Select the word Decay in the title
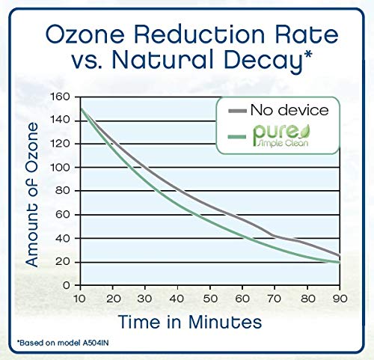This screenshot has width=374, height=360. (268, 61)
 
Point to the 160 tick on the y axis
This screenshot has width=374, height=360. (60, 97)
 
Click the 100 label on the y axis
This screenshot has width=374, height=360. (60, 168)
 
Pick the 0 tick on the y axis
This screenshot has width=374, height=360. (67, 285)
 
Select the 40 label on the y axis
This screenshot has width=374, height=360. (63, 238)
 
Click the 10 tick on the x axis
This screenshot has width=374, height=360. (80, 299)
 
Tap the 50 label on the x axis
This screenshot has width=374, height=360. (210, 299)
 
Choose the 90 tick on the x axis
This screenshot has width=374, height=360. (340, 299)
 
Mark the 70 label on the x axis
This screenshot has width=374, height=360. (275, 299)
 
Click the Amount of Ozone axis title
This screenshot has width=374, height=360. (32, 195)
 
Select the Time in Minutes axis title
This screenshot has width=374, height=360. (190, 322)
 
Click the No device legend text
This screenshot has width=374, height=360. (289, 110)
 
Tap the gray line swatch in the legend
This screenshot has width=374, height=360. (237, 111)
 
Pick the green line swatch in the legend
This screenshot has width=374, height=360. (237, 137)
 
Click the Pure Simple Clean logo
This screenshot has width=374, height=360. (281, 135)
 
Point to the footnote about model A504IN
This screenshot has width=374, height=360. (63, 343)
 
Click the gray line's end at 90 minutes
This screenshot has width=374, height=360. (340, 255)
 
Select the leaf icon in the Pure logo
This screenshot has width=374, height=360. (304, 130)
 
